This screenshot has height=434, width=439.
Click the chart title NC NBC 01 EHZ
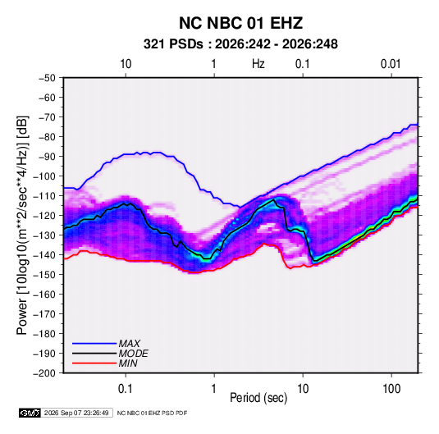(x=240, y=23)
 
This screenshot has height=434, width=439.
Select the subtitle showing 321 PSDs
(x=240, y=44)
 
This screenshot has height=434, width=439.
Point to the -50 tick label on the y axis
(x=47, y=78)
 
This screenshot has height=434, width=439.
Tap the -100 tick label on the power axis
(x=44, y=176)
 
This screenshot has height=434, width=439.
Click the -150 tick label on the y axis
(x=44, y=275)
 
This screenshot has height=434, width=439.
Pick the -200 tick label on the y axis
(x=44, y=373)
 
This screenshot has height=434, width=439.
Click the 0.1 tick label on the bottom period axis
(x=126, y=389)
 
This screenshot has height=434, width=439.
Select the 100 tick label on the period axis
(x=391, y=389)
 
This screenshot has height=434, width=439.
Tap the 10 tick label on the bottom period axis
(x=303, y=389)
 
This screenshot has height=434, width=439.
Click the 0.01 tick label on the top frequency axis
(x=391, y=64)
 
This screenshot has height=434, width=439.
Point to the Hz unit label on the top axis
(x=258, y=64)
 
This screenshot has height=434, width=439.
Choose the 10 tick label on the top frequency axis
(x=126, y=64)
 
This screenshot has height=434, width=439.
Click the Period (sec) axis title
(x=258, y=398)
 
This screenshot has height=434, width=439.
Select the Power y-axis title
(x=22, y=226)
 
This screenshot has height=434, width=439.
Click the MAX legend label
(x=130, y=344)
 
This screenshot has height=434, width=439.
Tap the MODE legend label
(x=133, y=354)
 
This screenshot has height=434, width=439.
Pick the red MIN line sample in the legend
(x=94, y=363)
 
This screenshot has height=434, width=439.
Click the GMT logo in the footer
(x=30, y=413)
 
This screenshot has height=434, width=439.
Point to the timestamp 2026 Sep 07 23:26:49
(x=76, y=413)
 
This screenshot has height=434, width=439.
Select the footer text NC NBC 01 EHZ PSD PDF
(x=152, y=413)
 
